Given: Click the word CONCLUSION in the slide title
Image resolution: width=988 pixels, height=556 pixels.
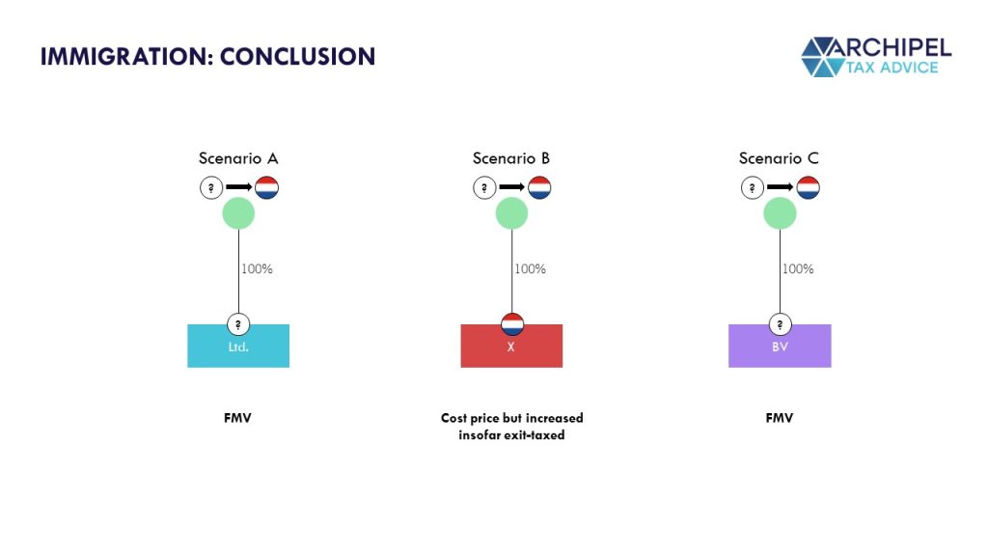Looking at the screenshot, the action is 297,57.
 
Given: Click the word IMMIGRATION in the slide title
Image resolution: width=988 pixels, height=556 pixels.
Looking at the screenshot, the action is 123,57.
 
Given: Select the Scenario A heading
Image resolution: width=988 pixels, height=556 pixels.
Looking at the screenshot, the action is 238,158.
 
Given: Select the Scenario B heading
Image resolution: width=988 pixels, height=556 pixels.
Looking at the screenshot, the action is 511,158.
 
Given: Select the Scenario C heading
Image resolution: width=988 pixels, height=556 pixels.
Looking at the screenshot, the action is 779,158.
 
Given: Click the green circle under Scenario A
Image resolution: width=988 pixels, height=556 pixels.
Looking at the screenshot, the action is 238,213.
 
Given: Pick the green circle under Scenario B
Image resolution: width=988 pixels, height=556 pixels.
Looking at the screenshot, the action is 511,213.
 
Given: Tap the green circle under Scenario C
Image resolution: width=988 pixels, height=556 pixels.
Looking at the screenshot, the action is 780,213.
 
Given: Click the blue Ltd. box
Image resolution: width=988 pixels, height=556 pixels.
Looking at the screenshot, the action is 238,347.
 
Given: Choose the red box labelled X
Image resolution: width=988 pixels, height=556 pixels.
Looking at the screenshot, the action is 511,347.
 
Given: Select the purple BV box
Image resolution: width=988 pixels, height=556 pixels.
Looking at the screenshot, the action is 780,347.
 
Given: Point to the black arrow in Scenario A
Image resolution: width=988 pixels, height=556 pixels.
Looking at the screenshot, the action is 239,187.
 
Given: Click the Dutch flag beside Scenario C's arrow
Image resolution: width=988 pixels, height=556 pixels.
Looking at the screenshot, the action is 808,187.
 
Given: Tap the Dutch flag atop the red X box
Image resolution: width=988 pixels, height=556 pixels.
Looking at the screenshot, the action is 512,324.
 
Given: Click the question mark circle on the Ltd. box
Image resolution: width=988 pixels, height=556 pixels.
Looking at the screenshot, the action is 238,324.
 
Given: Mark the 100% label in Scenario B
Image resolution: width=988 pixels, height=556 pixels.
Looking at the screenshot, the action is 531,269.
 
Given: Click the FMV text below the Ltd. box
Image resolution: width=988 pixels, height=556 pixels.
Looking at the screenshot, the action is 237,418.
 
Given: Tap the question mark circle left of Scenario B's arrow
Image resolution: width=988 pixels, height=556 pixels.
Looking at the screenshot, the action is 484,187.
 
